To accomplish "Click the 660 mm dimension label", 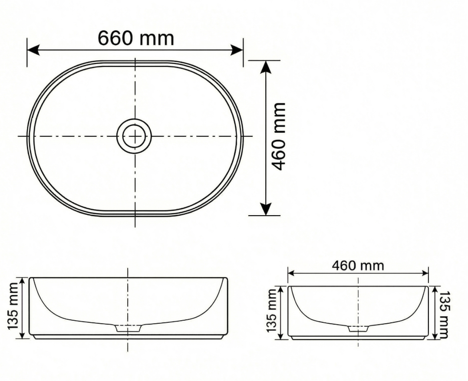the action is click(136, 39).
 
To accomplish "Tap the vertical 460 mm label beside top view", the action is click(280, 137).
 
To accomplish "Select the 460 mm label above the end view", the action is click(358, 265).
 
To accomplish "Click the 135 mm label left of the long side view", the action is click(14, 306).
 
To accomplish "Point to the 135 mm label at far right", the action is click(444, 315).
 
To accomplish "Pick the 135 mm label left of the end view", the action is click(272, 310).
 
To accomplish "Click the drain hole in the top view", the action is click(135, 136).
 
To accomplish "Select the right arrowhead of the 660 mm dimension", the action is click(237, 50).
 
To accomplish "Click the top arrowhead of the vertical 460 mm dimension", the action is click(266, 67).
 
